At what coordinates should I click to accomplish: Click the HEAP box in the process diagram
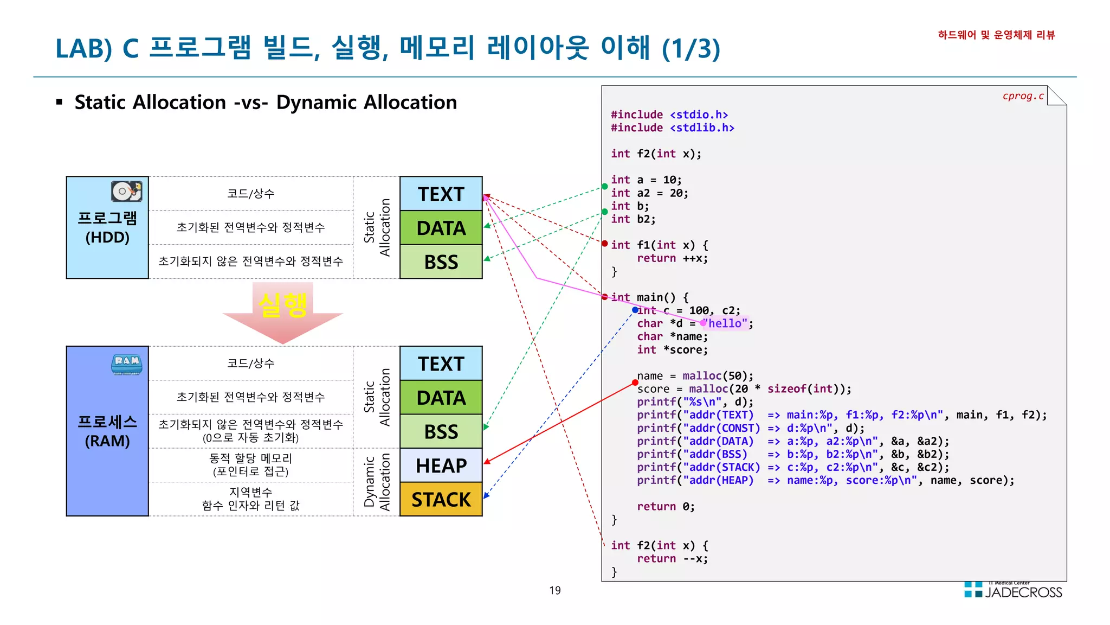pos(441,465)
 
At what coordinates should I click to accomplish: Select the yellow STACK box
pos(441,499)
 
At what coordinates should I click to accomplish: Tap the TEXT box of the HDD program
pos(441,194)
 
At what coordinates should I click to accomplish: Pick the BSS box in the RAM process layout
pos(441,431)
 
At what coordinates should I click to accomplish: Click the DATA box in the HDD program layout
pos(441,228)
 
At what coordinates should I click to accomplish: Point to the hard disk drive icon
pos(126,191)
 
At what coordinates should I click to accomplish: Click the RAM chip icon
pos(126,364)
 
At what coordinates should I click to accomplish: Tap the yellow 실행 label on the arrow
pos(282,305)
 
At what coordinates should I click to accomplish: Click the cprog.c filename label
pos(1023,96)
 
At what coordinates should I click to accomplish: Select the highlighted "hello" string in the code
pos(725,323)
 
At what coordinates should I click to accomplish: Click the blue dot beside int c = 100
pos(635,310)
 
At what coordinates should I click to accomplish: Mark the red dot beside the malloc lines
pos(635,382)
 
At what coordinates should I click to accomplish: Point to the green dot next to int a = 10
pos(605,186)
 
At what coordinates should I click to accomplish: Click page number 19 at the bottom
pos(554,590)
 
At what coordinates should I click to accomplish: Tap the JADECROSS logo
pos(1014,590)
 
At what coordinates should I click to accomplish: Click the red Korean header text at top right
pos(996,35)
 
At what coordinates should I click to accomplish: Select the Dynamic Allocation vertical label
pos(377,482)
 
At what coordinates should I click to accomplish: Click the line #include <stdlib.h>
pos(672,128)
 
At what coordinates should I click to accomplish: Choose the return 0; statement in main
pos(665,506)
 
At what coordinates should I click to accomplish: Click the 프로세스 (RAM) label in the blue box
pos(107,431)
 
